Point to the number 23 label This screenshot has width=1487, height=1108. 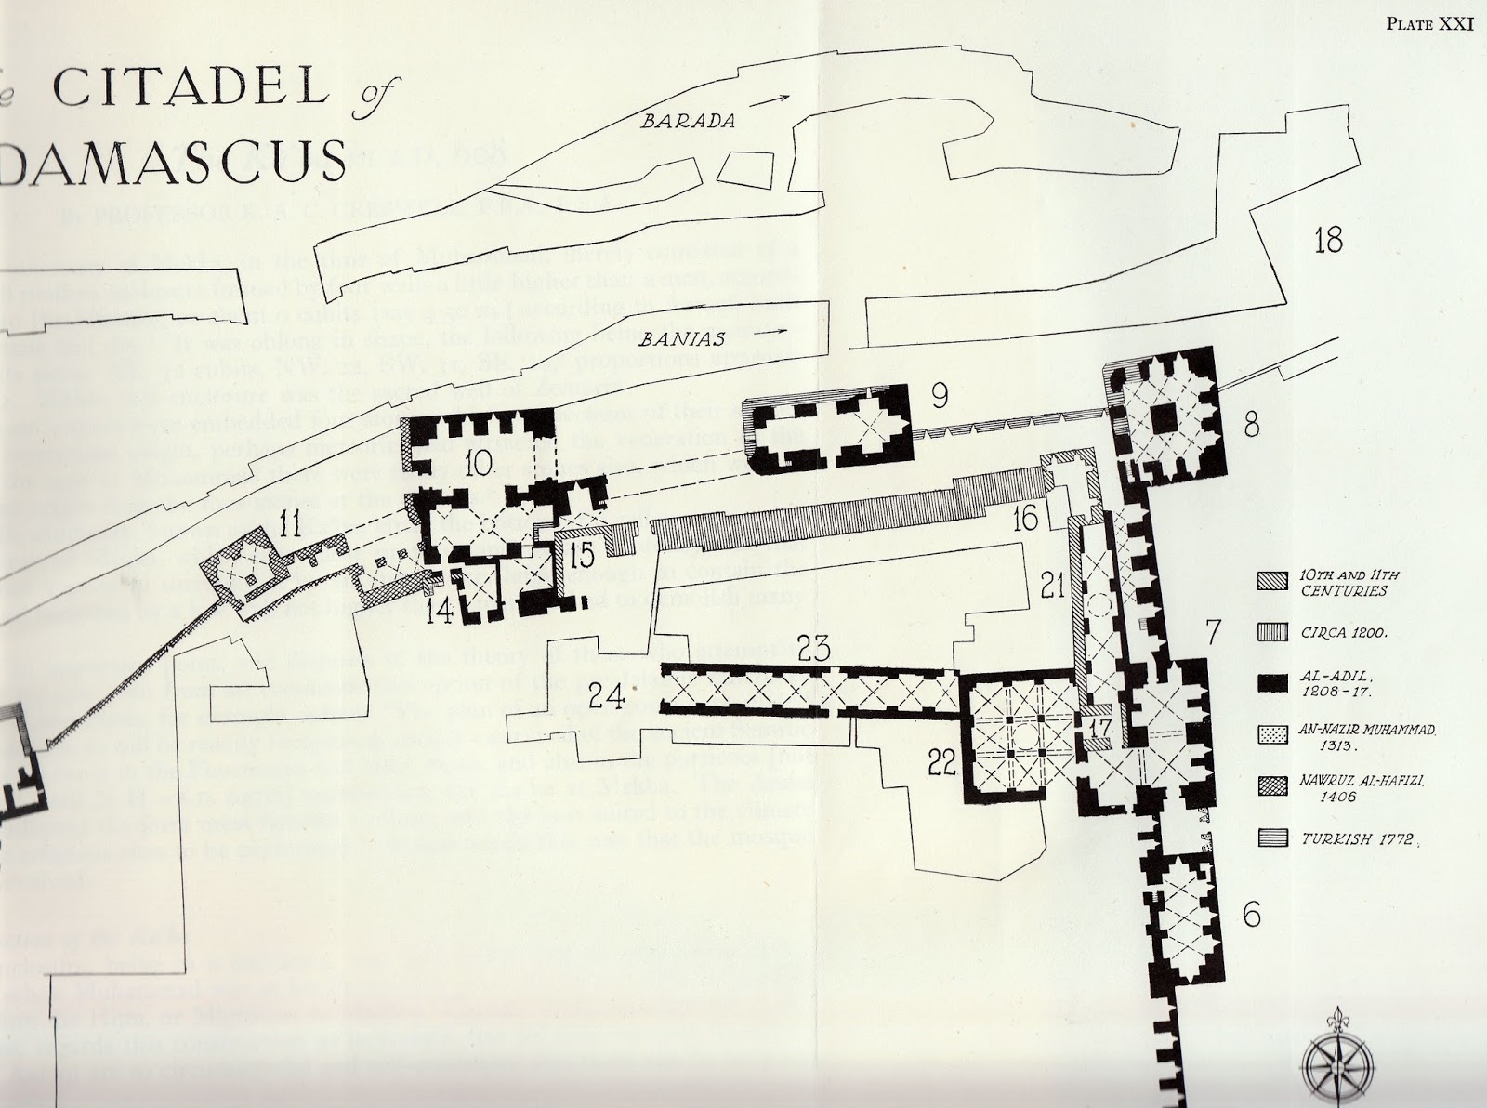point(813,648)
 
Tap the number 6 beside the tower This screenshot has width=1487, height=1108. point(1251,914)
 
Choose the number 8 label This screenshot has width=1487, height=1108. point(1251,427)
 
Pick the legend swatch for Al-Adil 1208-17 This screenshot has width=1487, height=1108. point(1268,681)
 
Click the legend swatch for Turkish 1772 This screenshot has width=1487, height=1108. point(1268,838)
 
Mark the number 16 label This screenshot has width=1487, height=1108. point(1025,519)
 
